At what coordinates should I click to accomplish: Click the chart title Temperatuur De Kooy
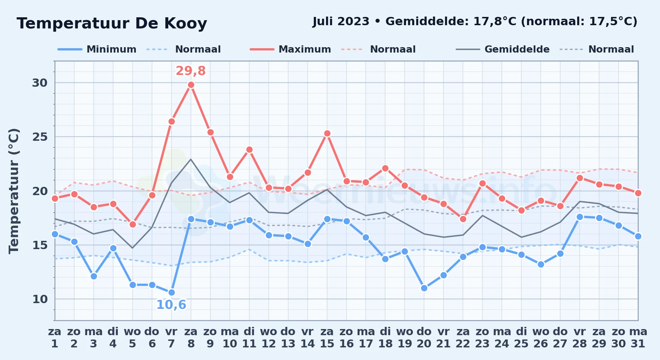112,23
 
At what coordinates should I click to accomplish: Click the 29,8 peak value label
191,71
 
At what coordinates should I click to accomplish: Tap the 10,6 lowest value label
171,305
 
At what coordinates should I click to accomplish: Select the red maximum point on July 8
191,85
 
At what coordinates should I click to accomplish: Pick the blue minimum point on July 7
171,292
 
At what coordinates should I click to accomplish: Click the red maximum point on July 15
327,134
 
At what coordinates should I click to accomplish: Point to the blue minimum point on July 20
424,288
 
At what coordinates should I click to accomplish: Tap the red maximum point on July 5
133,224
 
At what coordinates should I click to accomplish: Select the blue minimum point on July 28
580,217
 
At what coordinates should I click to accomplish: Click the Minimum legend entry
97,49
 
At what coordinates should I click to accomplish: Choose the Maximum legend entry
290,49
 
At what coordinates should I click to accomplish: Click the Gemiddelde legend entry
503,49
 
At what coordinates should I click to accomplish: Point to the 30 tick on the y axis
40,83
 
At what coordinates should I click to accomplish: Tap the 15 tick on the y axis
40,245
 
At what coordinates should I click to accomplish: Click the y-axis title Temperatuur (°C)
14,191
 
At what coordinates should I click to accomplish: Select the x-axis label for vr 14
308,338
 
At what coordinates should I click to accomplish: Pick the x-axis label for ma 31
638,338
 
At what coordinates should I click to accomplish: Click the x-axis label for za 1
55,338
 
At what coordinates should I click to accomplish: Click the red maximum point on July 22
463,219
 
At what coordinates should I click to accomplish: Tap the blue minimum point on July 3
94,276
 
